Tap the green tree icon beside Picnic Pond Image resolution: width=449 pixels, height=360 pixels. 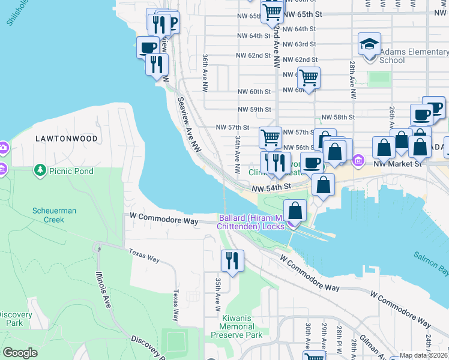41,170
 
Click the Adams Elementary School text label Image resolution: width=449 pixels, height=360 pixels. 413,56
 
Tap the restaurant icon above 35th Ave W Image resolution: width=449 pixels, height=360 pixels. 231,261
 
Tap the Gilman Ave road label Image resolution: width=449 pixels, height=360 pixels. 364,347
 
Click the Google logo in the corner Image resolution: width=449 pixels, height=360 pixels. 20,353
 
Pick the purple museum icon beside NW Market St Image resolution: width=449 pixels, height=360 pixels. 358,160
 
